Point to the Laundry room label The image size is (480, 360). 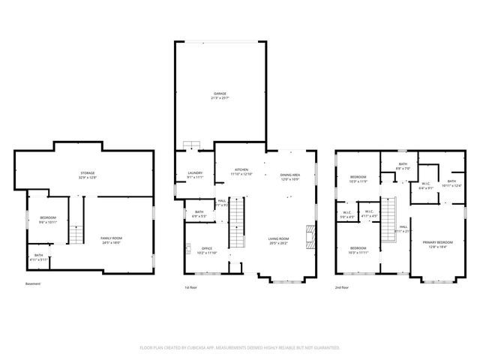coord(195,175)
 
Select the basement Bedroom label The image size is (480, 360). coord(48,220)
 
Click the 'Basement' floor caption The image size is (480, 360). coord(33,284)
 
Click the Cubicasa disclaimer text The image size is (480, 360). coord(240,347)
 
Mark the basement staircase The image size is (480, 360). coord(76,234)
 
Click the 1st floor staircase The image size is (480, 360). coord(236,223)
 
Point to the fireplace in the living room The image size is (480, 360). coord(308,237)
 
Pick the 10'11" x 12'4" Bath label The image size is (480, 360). coord(451,183)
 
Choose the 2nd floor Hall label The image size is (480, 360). coord(403,229)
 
